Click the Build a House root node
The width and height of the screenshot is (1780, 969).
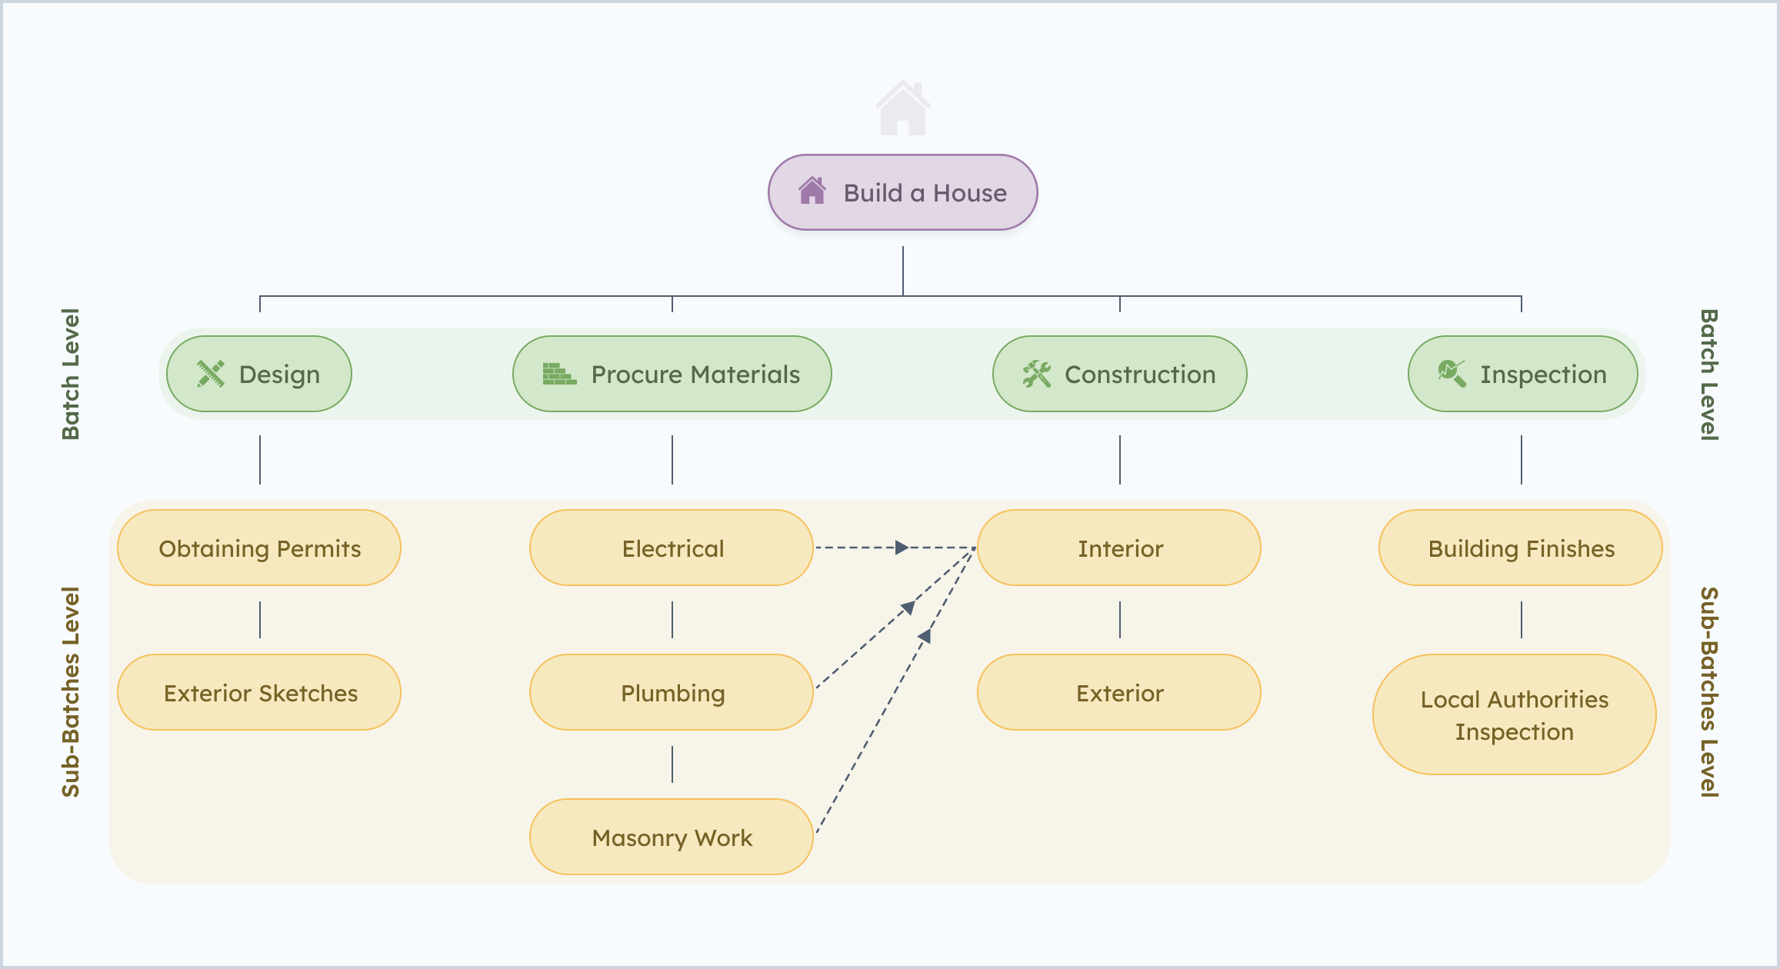coord(902,192)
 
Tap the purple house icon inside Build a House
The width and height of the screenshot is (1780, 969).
coord(812,191)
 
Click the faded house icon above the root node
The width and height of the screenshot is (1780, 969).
coord(902,108)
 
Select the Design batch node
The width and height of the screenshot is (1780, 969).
coord(259,374)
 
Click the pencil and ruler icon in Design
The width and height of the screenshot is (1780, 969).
coord(210,374)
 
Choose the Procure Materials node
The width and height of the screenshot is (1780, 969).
coord(672,374)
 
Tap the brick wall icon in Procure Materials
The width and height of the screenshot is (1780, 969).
coord(558,374)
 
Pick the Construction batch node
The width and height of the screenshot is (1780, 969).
coord(1119,374)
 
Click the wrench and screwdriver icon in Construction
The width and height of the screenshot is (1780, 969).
coord(1036,374)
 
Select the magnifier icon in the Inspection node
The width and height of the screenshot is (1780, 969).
coord(1452,374)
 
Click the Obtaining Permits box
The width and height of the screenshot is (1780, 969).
coord(259,548)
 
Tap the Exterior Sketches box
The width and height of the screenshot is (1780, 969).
coord(259,692)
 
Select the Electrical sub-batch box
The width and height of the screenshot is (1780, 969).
coord(672,548)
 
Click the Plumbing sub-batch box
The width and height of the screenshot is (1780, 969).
coord(672,692)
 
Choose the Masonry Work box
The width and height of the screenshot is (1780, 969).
coord(672,837)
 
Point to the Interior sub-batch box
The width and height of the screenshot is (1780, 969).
coord(1119,548)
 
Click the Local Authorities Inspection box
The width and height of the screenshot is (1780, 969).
coord(1514,714)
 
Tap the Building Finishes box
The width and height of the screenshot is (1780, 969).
coord(1521,548)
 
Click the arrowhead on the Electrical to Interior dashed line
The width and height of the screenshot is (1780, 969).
coord(902,548)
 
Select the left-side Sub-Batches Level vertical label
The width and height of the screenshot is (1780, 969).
coord(71,691)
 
